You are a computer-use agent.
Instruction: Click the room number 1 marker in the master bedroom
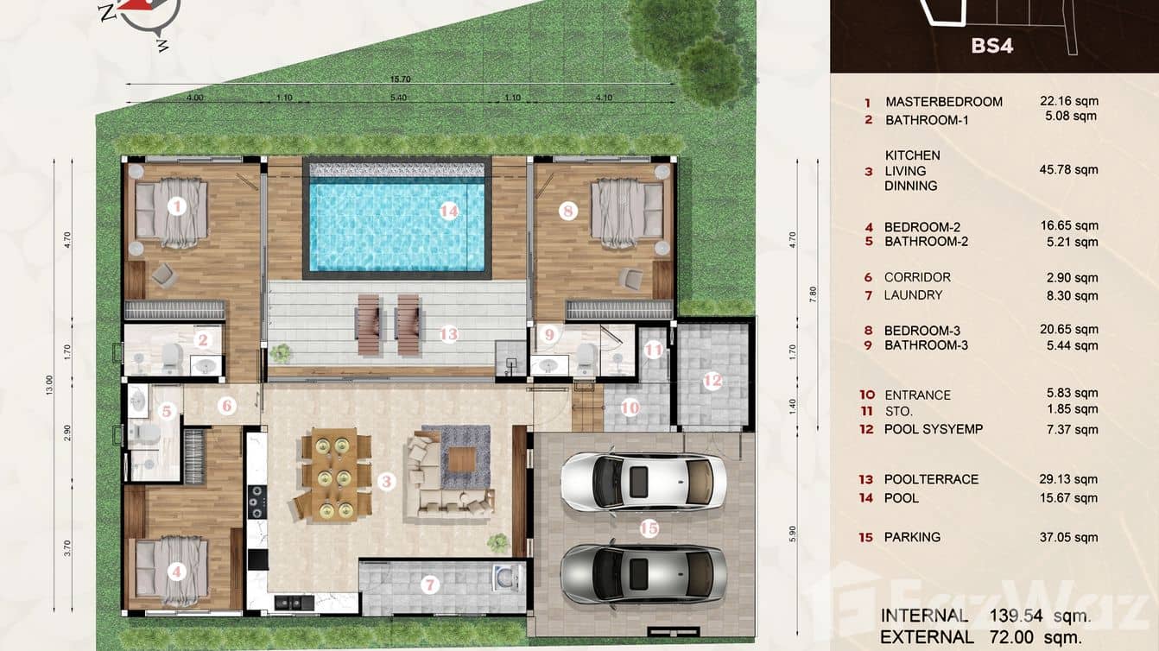(177, 206)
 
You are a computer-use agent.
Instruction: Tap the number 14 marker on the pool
(447, 211)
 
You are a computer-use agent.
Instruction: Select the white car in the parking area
(643, 481)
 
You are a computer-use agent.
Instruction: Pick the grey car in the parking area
(643, 572)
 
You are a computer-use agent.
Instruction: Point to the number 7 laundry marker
(430, 585)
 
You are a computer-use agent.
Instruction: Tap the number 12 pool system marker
(712, 379)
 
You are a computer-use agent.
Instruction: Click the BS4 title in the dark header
(991, 46)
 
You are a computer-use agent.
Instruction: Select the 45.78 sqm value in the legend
(1068, 170)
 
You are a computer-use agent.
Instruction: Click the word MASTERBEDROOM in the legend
(944, 102)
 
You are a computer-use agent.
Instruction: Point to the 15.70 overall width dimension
(399, 79)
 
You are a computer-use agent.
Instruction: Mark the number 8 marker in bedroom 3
(567, 210)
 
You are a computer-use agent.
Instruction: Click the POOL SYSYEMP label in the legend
(933, 429)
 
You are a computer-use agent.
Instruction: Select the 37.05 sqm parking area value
(1068, 537)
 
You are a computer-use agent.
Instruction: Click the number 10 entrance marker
(630, 407)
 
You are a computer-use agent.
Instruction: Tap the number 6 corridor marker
(227, 405)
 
